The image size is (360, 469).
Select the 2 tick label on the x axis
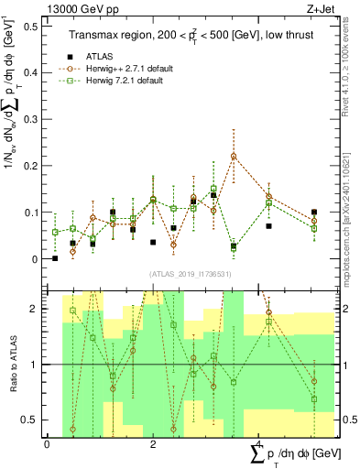[153, 444]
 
